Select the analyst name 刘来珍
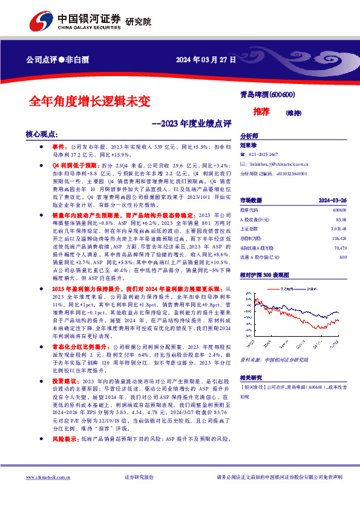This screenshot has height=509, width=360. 249,145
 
